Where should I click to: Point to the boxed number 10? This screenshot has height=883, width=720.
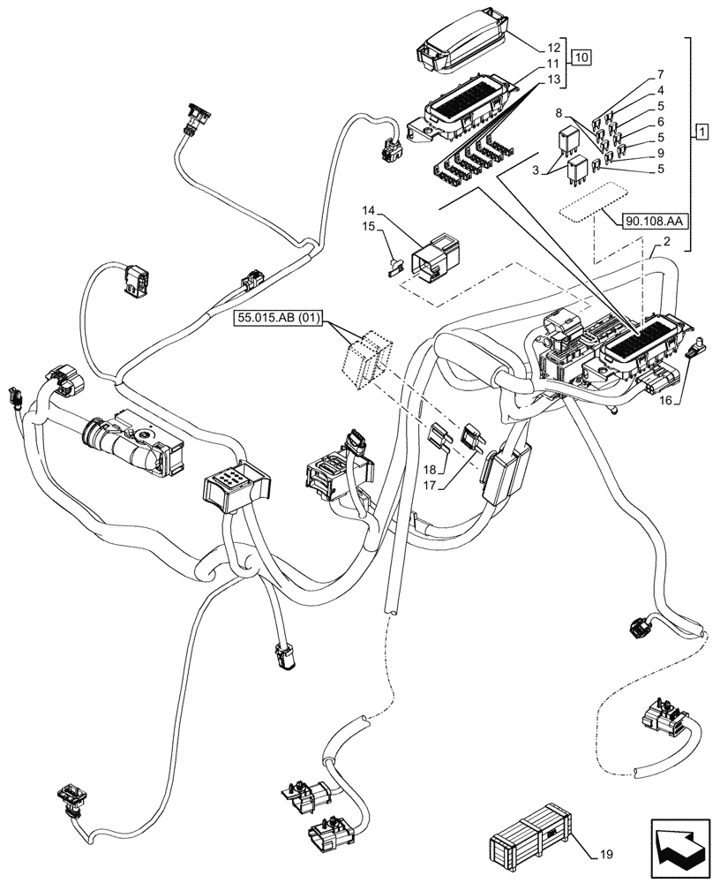(x=580, y=57)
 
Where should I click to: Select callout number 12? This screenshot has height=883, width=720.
(x=553, y=47)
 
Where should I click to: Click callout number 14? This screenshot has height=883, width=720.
(x=368, y=212)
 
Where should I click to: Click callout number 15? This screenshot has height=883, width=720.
(x=368, y=228)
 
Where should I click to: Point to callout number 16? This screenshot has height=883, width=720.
(x=665, y=400)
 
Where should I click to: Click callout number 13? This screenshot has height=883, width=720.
(x=553, y=80)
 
